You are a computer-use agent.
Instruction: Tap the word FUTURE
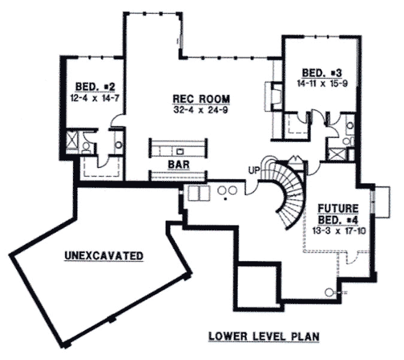(x=338, y=208)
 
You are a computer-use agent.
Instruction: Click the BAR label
(x=178, y=163)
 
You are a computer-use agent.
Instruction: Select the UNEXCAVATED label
(x=104, y=256)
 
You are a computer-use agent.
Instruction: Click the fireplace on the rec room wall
(x=274, y=96)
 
